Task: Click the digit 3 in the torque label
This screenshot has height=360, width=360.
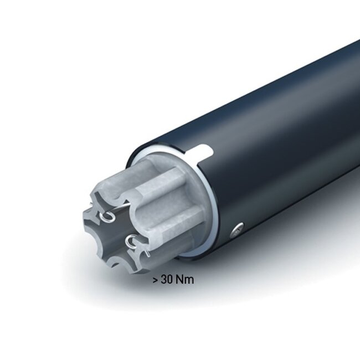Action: [163, 280]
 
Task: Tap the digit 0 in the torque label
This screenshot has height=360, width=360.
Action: [169, 280]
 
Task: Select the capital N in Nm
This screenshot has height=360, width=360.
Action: [179, 280]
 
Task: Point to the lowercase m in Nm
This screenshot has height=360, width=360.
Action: [188, 280]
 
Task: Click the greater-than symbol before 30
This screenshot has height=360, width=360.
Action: [155, 280]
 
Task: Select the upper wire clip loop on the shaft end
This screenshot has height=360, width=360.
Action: [111, 215]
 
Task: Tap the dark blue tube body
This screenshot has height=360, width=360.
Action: [277, 138]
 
